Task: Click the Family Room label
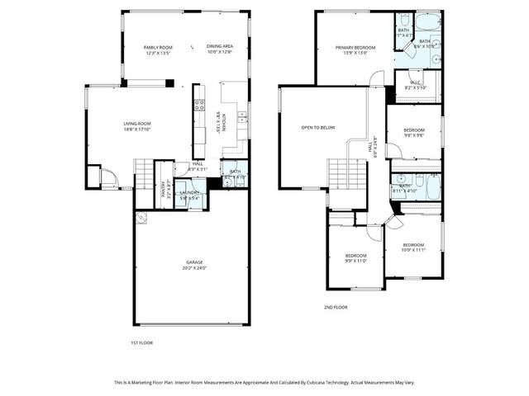pyautogui.click(x=157, y=48)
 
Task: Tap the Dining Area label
pyautogui.click(x=218, y=48)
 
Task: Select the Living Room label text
pyautogui.click(x=137, y=123)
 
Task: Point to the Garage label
pyautogui.click(x=194, y=263)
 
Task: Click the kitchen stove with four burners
pyautogui.click(x=198, y=106)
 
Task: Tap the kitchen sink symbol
pyautogui.click(x=240, y=116)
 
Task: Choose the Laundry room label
pyautogui.click(x=191, y=194)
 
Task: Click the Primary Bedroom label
pyautogui.click(x=355, y=48)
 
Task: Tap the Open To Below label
pyautogui.click(x=318, y=128)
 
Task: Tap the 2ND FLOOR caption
pyautogui.click(x=335, y=307)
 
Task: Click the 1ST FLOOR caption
pyautogui.click(x=141, y=342)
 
